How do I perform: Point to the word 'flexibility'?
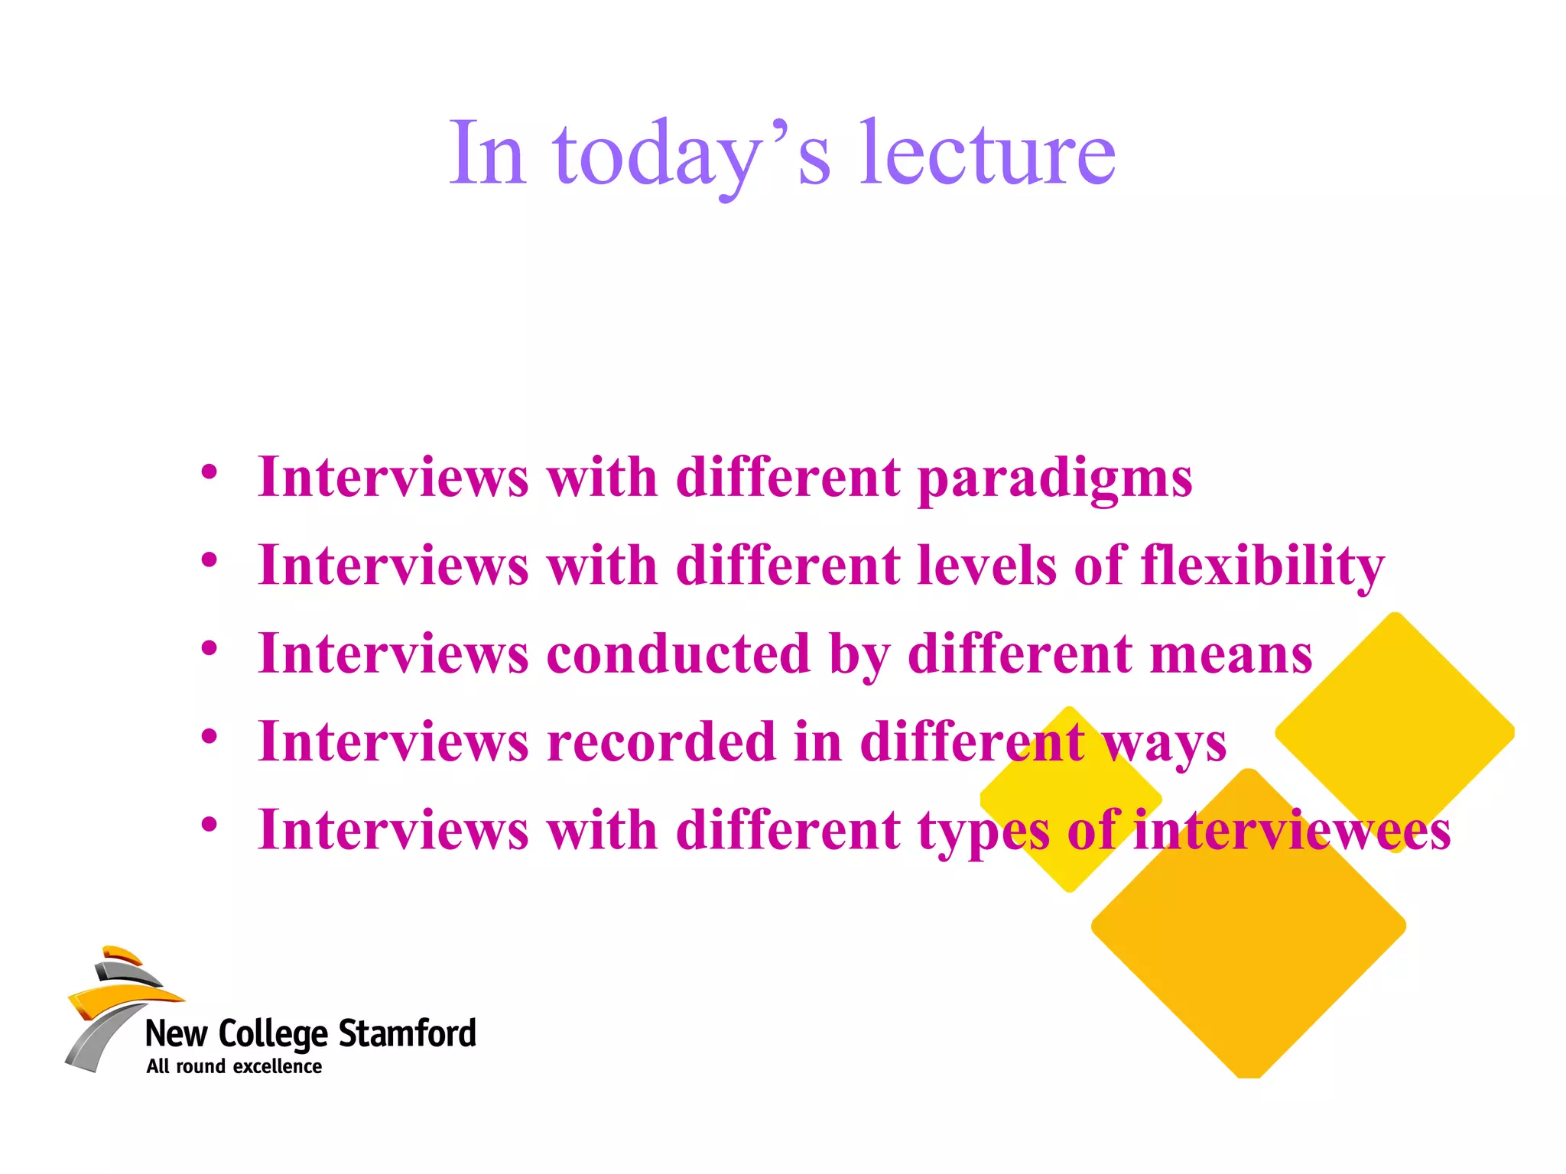[x=1262, y=566]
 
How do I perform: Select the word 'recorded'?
[x=662, y=741]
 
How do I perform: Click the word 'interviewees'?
[x=1291, y=830]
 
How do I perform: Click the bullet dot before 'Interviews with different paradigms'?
[x=210, y=472]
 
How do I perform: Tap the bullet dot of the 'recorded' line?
[x=210, y=736]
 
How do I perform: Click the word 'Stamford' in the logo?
[x=407, y=1033]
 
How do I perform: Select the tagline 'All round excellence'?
[x=234, y=1067]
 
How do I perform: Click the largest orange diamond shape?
[x=1248, y=925]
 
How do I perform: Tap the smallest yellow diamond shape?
[x=1071, y=799]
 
